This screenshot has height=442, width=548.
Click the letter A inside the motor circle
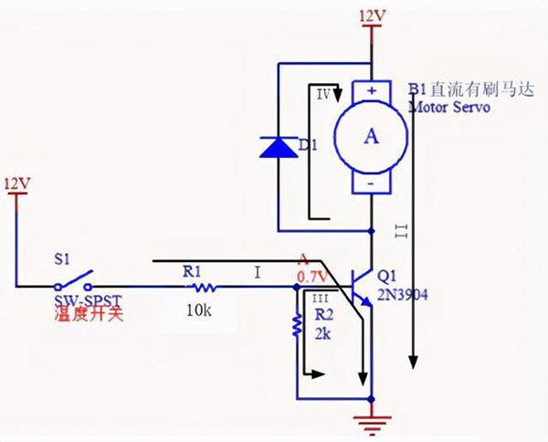point(371,136)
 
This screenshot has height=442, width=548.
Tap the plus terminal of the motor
point(372,90)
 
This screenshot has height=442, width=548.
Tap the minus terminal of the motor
point(372,184)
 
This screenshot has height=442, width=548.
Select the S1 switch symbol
point(75,277)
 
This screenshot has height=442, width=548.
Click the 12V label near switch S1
point(18,183)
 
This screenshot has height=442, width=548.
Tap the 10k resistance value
point(197,311)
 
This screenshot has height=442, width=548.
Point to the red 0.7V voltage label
point(311,276)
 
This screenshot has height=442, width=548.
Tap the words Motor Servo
point(450,107)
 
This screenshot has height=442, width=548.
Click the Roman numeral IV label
point(322,94)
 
